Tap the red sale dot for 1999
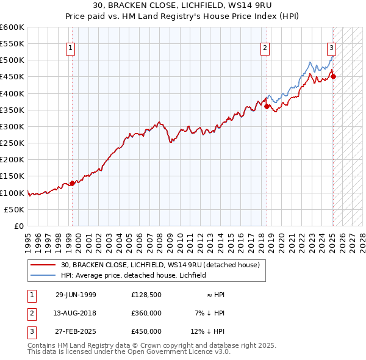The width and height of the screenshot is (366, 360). coord(72,183)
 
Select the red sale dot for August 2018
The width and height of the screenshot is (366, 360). coord(267,106)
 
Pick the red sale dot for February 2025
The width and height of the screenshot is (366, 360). coord(334,76)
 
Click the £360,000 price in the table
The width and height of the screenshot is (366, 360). coord(146,313)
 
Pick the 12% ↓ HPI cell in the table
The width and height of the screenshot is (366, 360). coord(208,331)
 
